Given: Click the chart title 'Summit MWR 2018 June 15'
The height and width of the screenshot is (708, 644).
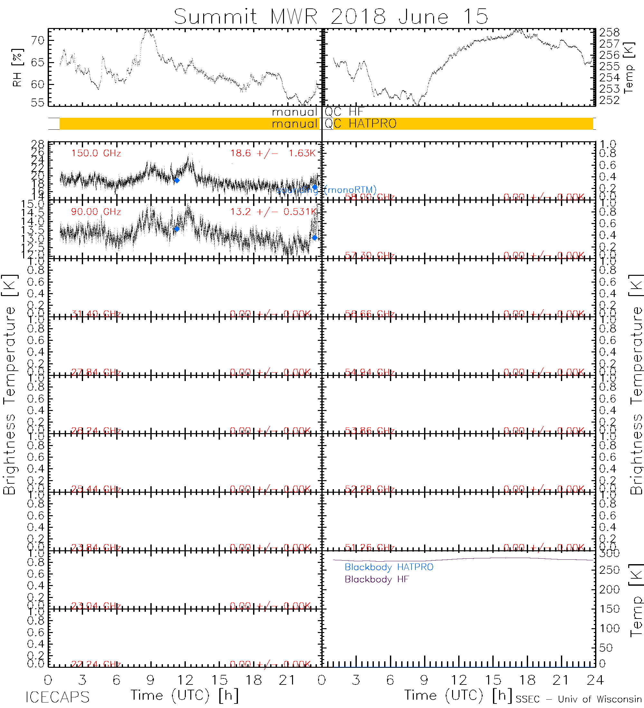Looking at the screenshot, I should coord(331,16).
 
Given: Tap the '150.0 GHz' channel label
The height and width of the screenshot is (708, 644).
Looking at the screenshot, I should coord(96,154).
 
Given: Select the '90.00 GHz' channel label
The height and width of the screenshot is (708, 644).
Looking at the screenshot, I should coord(96,212).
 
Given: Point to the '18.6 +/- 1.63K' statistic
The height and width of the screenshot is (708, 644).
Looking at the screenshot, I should coord(273,153).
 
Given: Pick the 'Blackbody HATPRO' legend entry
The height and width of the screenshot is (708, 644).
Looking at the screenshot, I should coord(389,567).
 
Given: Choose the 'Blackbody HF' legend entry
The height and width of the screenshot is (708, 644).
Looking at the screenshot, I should coord(377,579).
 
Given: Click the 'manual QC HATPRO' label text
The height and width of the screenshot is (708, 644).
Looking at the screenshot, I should coord(334,124).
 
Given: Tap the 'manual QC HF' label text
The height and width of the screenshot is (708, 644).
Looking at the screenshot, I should coord(317,112).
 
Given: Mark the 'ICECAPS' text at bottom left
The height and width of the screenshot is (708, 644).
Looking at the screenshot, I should coord(58,697).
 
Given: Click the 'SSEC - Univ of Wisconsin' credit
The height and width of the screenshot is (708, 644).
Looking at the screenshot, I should coord(579,699).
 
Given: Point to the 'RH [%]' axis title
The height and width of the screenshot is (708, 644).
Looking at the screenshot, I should coord(17,68).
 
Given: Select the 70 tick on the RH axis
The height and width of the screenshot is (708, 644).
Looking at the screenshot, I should coord(38,40).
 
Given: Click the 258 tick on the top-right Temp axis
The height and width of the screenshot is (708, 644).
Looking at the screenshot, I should coord(610,33).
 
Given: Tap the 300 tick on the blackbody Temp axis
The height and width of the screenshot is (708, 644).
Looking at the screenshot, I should coord(610,554).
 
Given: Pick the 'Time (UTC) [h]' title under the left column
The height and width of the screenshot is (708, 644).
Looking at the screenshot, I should coord(185,695).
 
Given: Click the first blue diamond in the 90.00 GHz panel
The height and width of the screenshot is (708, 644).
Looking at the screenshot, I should coord(177,229).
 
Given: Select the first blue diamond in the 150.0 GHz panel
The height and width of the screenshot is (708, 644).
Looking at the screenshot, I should coord(177,181).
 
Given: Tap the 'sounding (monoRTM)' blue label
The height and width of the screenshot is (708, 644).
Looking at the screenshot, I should coord(326,190).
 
